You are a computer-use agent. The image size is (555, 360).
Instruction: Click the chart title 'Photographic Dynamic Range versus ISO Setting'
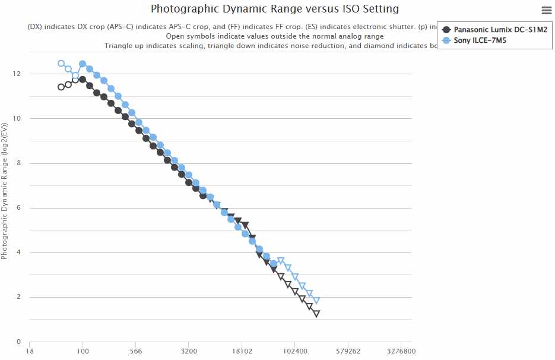tap(274, 9)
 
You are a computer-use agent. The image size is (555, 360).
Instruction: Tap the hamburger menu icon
tap(547, 10)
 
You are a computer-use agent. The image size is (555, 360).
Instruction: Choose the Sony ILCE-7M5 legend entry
tap(480, 40)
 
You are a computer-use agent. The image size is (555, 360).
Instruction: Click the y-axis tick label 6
tap(19, 208)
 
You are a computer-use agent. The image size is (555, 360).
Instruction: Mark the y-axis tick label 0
tap(19, 342)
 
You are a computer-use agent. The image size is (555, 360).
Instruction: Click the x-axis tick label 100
tap(83, 351)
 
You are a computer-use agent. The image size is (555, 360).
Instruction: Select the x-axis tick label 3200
tap(189, 351)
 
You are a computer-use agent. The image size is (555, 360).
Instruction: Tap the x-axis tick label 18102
tap(242, 351)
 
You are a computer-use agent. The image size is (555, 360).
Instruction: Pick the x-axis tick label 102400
tap(295, 351)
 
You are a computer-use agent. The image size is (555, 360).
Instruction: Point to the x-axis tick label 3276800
tap(401, 351)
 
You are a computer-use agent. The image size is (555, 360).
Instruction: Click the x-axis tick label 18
tap(30, 351)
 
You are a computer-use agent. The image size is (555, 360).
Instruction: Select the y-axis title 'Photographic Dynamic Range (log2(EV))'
tap(5, 191)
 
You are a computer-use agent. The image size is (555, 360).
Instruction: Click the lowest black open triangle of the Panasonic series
tap(316, 314)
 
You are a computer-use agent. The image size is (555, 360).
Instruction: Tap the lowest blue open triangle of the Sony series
tap(316, 301)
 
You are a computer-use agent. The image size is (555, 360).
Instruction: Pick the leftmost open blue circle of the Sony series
tap(61, 64)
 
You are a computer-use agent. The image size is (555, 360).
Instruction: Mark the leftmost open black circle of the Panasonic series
tap(61, 87)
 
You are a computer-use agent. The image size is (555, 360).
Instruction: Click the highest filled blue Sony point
tap(83, 64)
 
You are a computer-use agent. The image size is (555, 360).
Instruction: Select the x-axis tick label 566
tap(135, 351)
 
